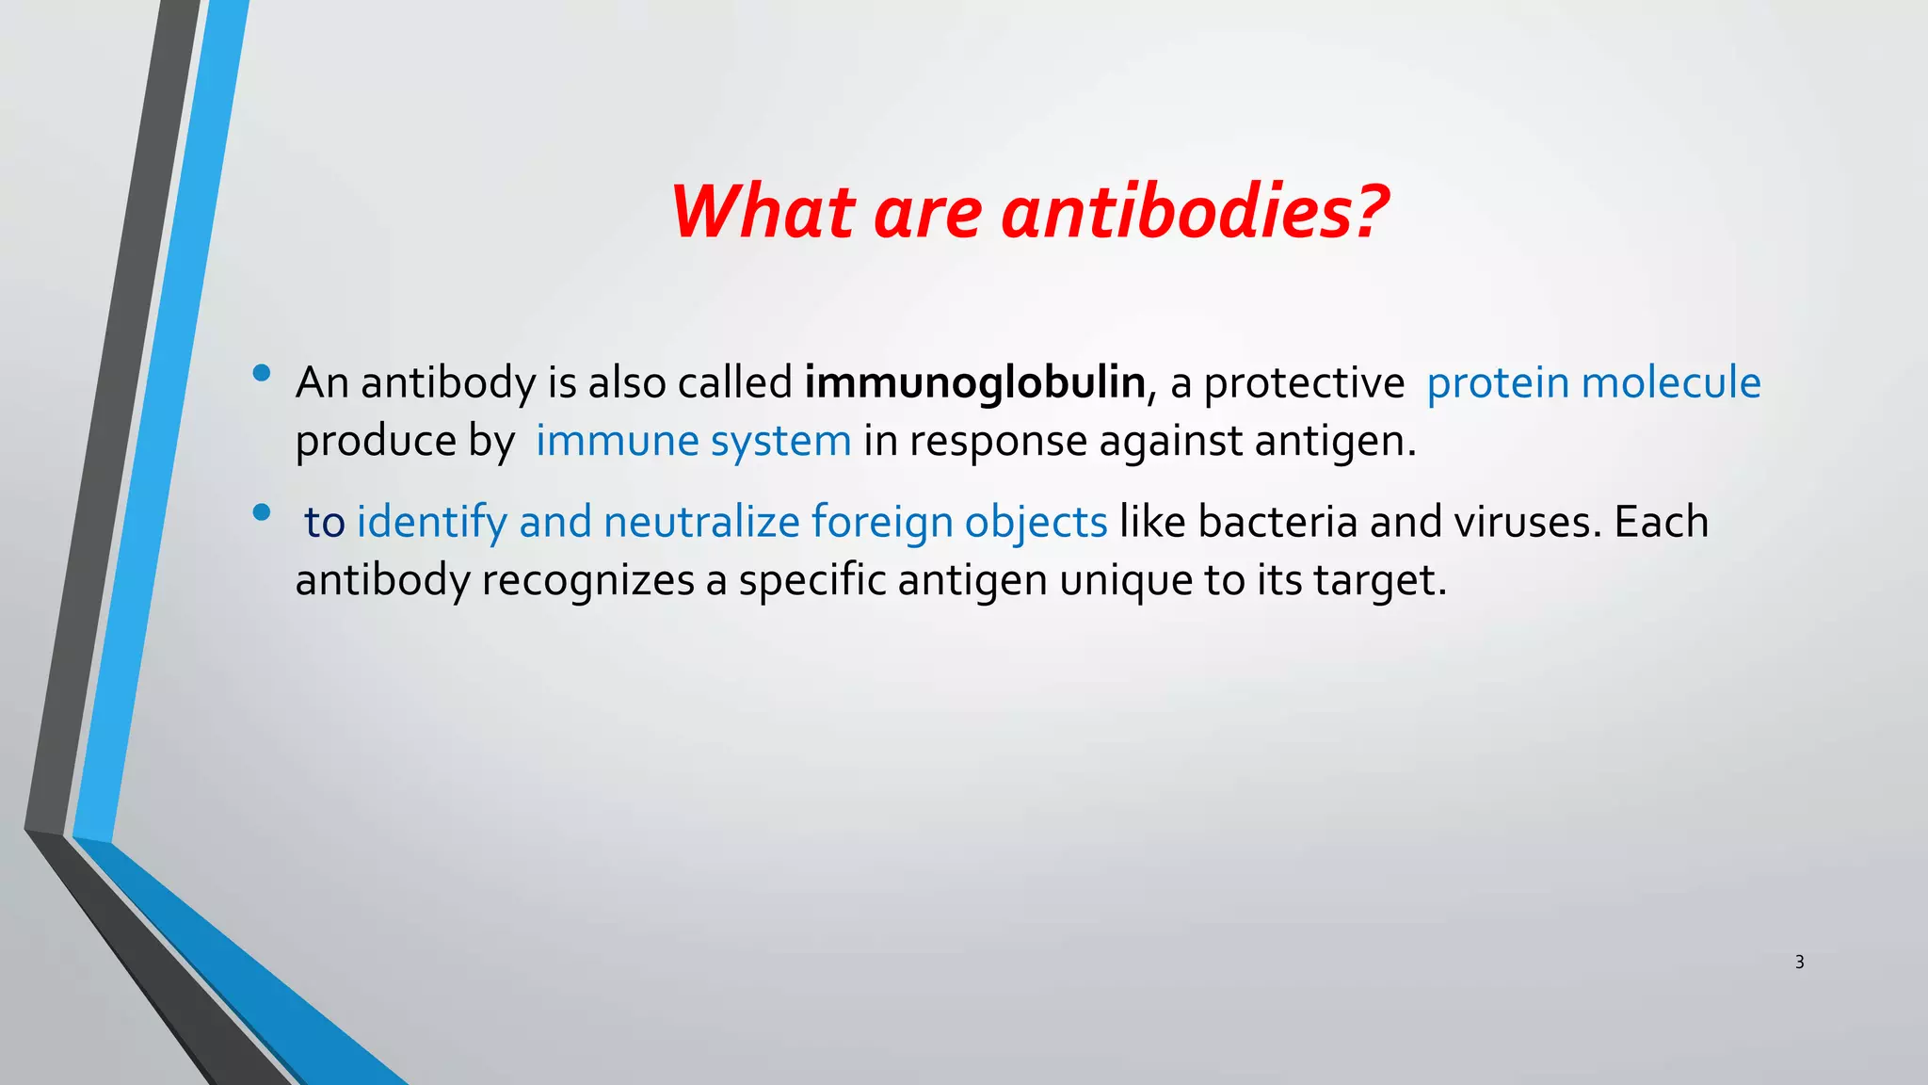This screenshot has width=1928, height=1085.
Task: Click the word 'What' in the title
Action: coord(763,211)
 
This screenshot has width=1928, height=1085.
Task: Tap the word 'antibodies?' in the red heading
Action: coord(1194,211)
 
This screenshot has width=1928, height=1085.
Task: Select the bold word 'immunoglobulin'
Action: coord(974,382)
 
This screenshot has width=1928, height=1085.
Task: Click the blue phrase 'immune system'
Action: coord(693,441)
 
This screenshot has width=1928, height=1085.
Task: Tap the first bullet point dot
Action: coord(262,374)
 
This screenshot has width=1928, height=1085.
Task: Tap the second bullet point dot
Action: coord(262,513)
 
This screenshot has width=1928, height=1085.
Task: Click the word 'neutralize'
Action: coord(701,522)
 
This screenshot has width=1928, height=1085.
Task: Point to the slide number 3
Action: coord(1799,962)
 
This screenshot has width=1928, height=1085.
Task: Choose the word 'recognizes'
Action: coord(587,580)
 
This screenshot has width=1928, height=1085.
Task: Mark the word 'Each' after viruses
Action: coord(1661,522)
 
